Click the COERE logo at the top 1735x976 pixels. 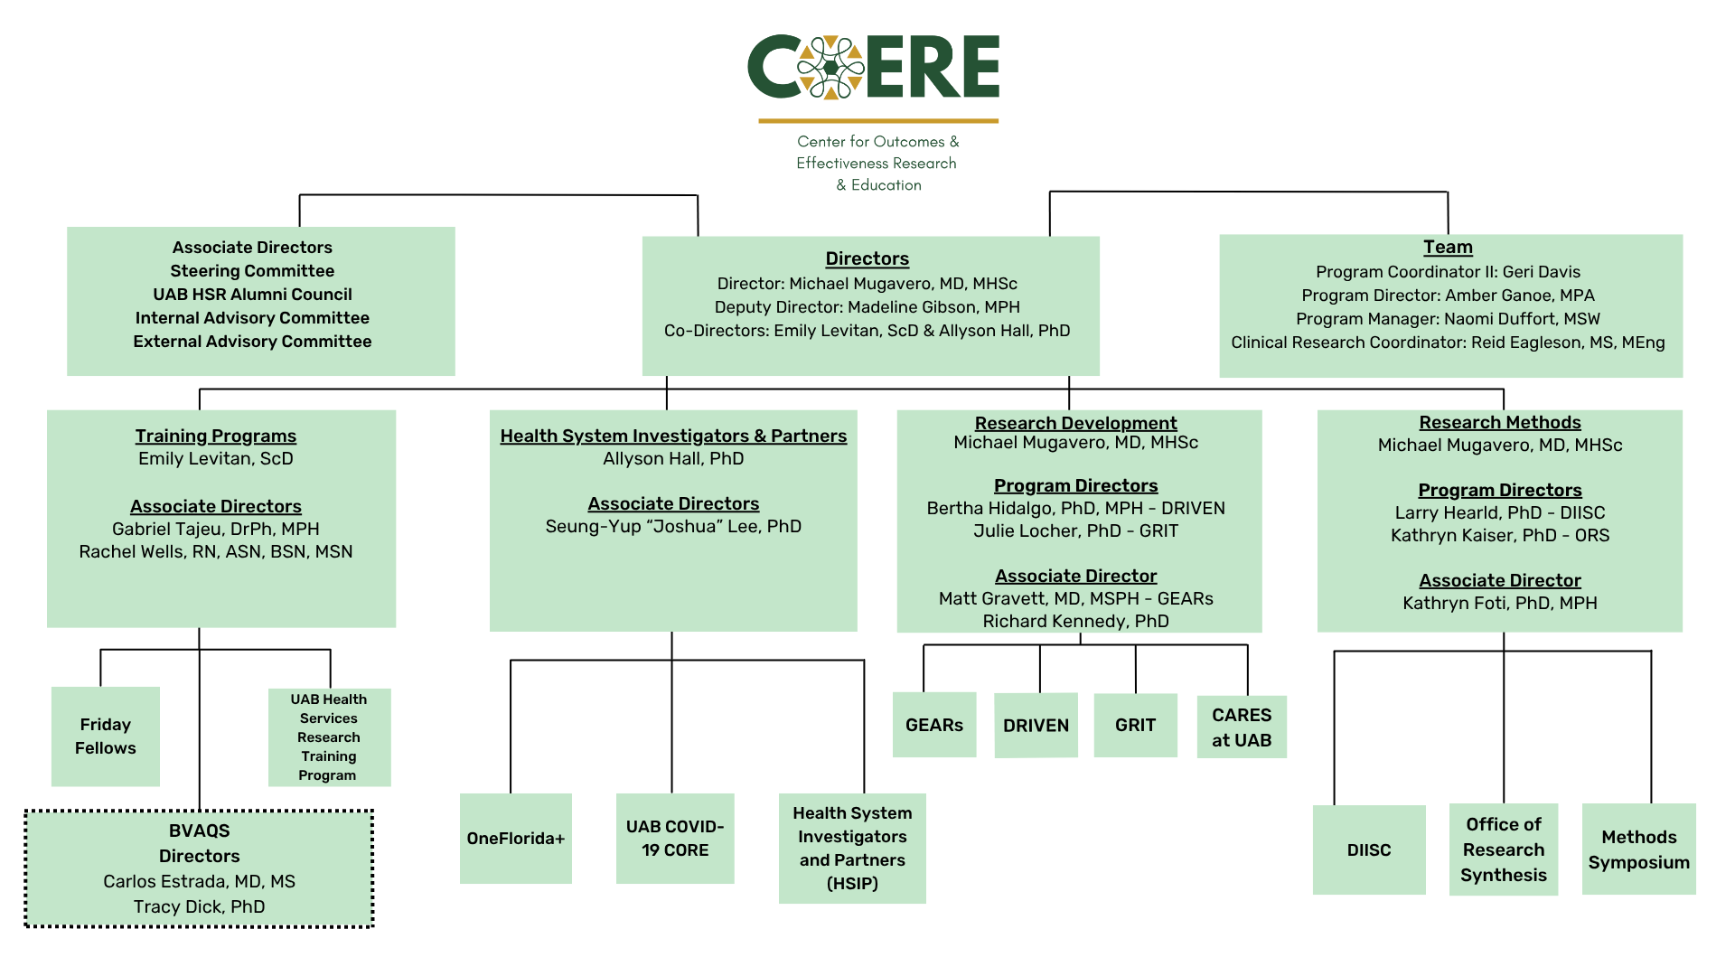pyautogui.click(x=873, y=68)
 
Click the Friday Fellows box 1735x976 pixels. pyautogui.click(x=106, y=737)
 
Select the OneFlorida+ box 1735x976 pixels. pyautogui.click(x=516, y=839)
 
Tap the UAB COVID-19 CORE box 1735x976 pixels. pyautogui.click(x=675, y=839)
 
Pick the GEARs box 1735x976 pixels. pyautogui.click(x=934, y=725)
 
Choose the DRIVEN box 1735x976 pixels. pyautogui.click(x=1036, y=725)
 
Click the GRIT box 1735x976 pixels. pyautogui.click(x=1135, y=725)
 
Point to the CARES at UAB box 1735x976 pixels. pyautogui.click(x=1242, y=727)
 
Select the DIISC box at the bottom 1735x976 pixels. pyautogui.click(x=1369, y=849)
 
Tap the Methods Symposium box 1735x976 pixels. pyautogui.click(x=1638, y=849)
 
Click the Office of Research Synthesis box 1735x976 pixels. pyautogui.click(x=1504, y=849)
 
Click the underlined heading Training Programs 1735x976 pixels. pyautogui.click(x=216, y=436)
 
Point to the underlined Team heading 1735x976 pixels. pyautogui.click(x=1448, y=247)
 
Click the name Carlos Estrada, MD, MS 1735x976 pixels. pyautogui.click(x=199, y=881)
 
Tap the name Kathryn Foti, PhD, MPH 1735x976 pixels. pyautogui.click(x=1500, y=603)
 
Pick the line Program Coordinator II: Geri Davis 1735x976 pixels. pyautogui.click(x=1448, y=272)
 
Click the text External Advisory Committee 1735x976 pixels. pyautogui.click(x=252, y=342)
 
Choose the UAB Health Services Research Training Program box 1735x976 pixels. pyautogui.click(x=329, y=737)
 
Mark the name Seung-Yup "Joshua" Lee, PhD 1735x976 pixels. pyautogui.click(x=673, y=526)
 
